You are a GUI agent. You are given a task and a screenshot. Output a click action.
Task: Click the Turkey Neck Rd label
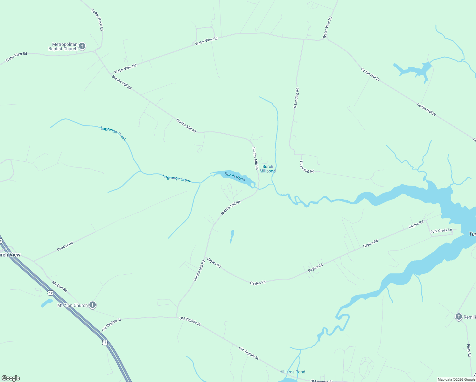[x=97, y=20]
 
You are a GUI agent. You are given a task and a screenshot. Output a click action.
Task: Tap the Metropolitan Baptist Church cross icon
[x=82, y=46]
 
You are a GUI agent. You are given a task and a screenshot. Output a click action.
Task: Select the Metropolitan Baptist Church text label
[x=63, y=46]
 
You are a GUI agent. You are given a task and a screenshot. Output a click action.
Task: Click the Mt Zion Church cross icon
[x=93, y=305]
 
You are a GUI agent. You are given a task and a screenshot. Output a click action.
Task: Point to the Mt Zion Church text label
[x=72, y=305]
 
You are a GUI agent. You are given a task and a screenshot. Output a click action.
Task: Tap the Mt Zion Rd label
[x=60, y=286]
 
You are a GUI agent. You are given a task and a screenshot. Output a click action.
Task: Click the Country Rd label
[x=65, y=246]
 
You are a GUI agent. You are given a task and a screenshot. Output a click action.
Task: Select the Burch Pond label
[x=235, y=177]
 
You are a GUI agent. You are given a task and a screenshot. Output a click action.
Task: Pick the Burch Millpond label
[x=268, y=169]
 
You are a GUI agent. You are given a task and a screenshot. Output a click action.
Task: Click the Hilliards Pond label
[x=292, y=372]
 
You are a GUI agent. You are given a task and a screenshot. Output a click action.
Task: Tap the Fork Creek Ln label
[x=441, y=231]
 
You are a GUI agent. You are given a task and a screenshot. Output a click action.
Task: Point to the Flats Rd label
[x=469, y=350]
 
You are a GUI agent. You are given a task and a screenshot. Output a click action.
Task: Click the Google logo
[x=11, y=378]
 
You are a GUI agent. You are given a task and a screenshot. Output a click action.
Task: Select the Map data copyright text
[x=456, y=379]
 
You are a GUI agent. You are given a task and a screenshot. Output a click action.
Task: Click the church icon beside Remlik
[x=458, y=317]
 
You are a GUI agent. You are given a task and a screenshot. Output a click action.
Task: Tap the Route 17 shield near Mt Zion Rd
[x=50, y=292]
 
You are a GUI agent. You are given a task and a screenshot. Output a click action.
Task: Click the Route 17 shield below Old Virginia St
[x=105, y=343]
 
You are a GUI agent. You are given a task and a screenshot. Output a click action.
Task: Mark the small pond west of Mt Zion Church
[x=47, y=303]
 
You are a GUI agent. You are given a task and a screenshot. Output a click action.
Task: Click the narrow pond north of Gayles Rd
[x=232, y=236]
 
